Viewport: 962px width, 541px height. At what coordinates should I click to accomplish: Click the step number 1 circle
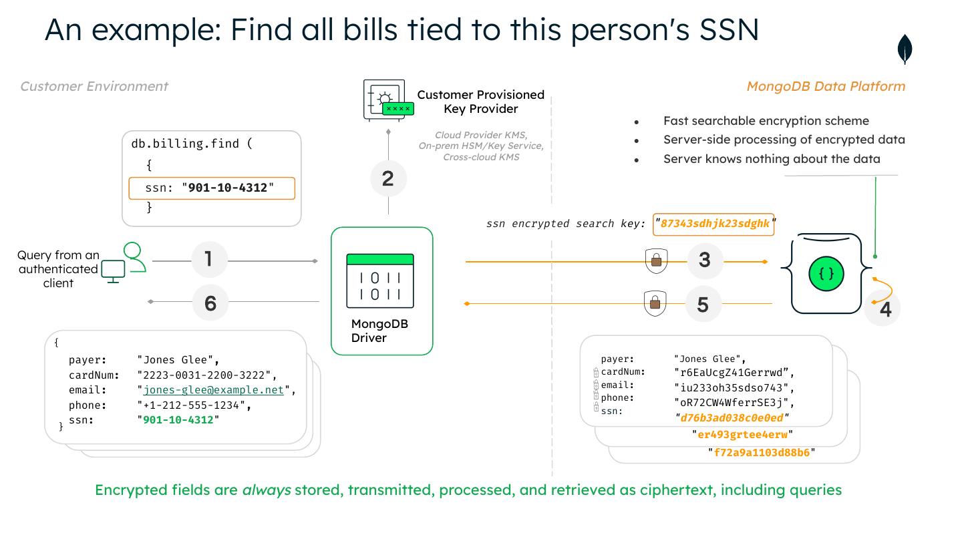coord(209,259)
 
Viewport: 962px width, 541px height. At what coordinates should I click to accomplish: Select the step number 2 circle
coord(388,178)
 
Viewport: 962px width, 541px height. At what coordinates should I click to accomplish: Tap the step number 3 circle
coord(705,260)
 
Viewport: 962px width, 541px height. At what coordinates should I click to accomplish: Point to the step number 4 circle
coord(885,309)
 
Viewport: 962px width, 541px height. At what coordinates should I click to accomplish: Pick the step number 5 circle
coord(703,305)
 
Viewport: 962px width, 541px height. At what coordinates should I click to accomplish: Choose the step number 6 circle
coord(210,303)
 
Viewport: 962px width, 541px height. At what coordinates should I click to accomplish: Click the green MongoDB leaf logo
coord(905,50)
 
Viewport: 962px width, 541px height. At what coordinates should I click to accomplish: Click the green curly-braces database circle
coord(826,273)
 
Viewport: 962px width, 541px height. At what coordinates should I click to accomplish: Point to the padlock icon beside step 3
coord(656,260)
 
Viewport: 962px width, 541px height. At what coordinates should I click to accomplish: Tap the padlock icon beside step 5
coord(655,304)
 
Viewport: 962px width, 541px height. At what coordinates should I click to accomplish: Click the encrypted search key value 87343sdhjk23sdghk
coord(714,224)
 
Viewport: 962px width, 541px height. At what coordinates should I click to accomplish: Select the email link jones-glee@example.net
coord(213,390)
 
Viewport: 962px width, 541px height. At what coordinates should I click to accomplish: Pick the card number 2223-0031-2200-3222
coord(205,375)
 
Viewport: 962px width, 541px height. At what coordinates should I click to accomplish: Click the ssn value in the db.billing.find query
coord(227,188)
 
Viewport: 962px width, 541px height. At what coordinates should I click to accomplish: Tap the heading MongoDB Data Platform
coord(826,86)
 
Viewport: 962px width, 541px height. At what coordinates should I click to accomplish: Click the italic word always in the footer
coord(266,490)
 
